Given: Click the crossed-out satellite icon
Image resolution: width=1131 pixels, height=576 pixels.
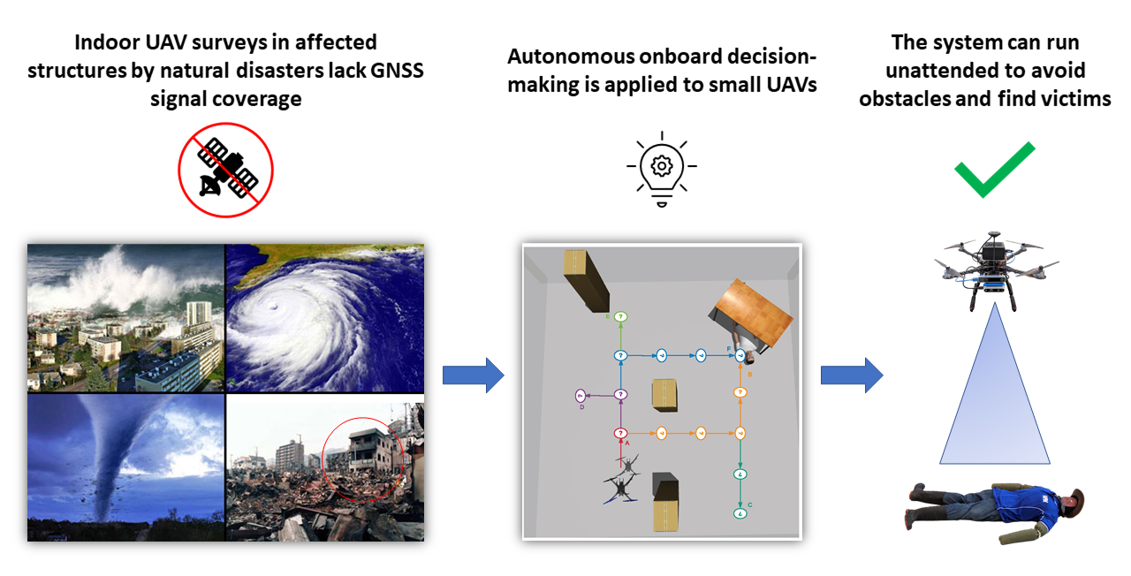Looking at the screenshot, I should click(226, 170).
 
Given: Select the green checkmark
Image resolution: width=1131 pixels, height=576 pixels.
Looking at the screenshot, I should click(993, 168).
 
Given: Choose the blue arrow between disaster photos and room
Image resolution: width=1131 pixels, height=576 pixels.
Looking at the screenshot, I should click(472, 376).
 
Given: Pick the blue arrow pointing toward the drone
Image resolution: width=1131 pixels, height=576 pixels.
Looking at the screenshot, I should click(851, 375).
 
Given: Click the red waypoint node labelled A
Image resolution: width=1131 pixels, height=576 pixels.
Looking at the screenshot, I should click(620, 433).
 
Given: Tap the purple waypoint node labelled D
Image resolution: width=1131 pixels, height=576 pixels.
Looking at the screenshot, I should click(581, 395).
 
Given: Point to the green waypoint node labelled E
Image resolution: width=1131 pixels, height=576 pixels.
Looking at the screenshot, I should click(620, 316).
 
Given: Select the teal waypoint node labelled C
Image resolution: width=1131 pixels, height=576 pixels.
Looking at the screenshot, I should click(740, 512).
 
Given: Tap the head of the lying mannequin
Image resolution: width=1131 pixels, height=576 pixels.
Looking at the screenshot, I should click(1071, 502).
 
